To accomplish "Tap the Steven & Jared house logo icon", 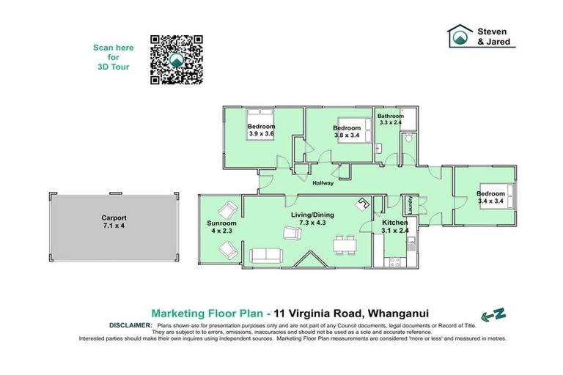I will [x=460, y=36].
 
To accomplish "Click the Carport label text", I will [x=114, y=218].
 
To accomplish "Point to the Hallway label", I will [x=323, y=183].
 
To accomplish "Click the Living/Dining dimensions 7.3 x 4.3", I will [x=313, y=223].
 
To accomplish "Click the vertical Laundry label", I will [x=410, y=203].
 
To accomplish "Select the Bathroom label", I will [x=391, y=116].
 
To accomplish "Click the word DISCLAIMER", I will [x=130, y=324].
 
